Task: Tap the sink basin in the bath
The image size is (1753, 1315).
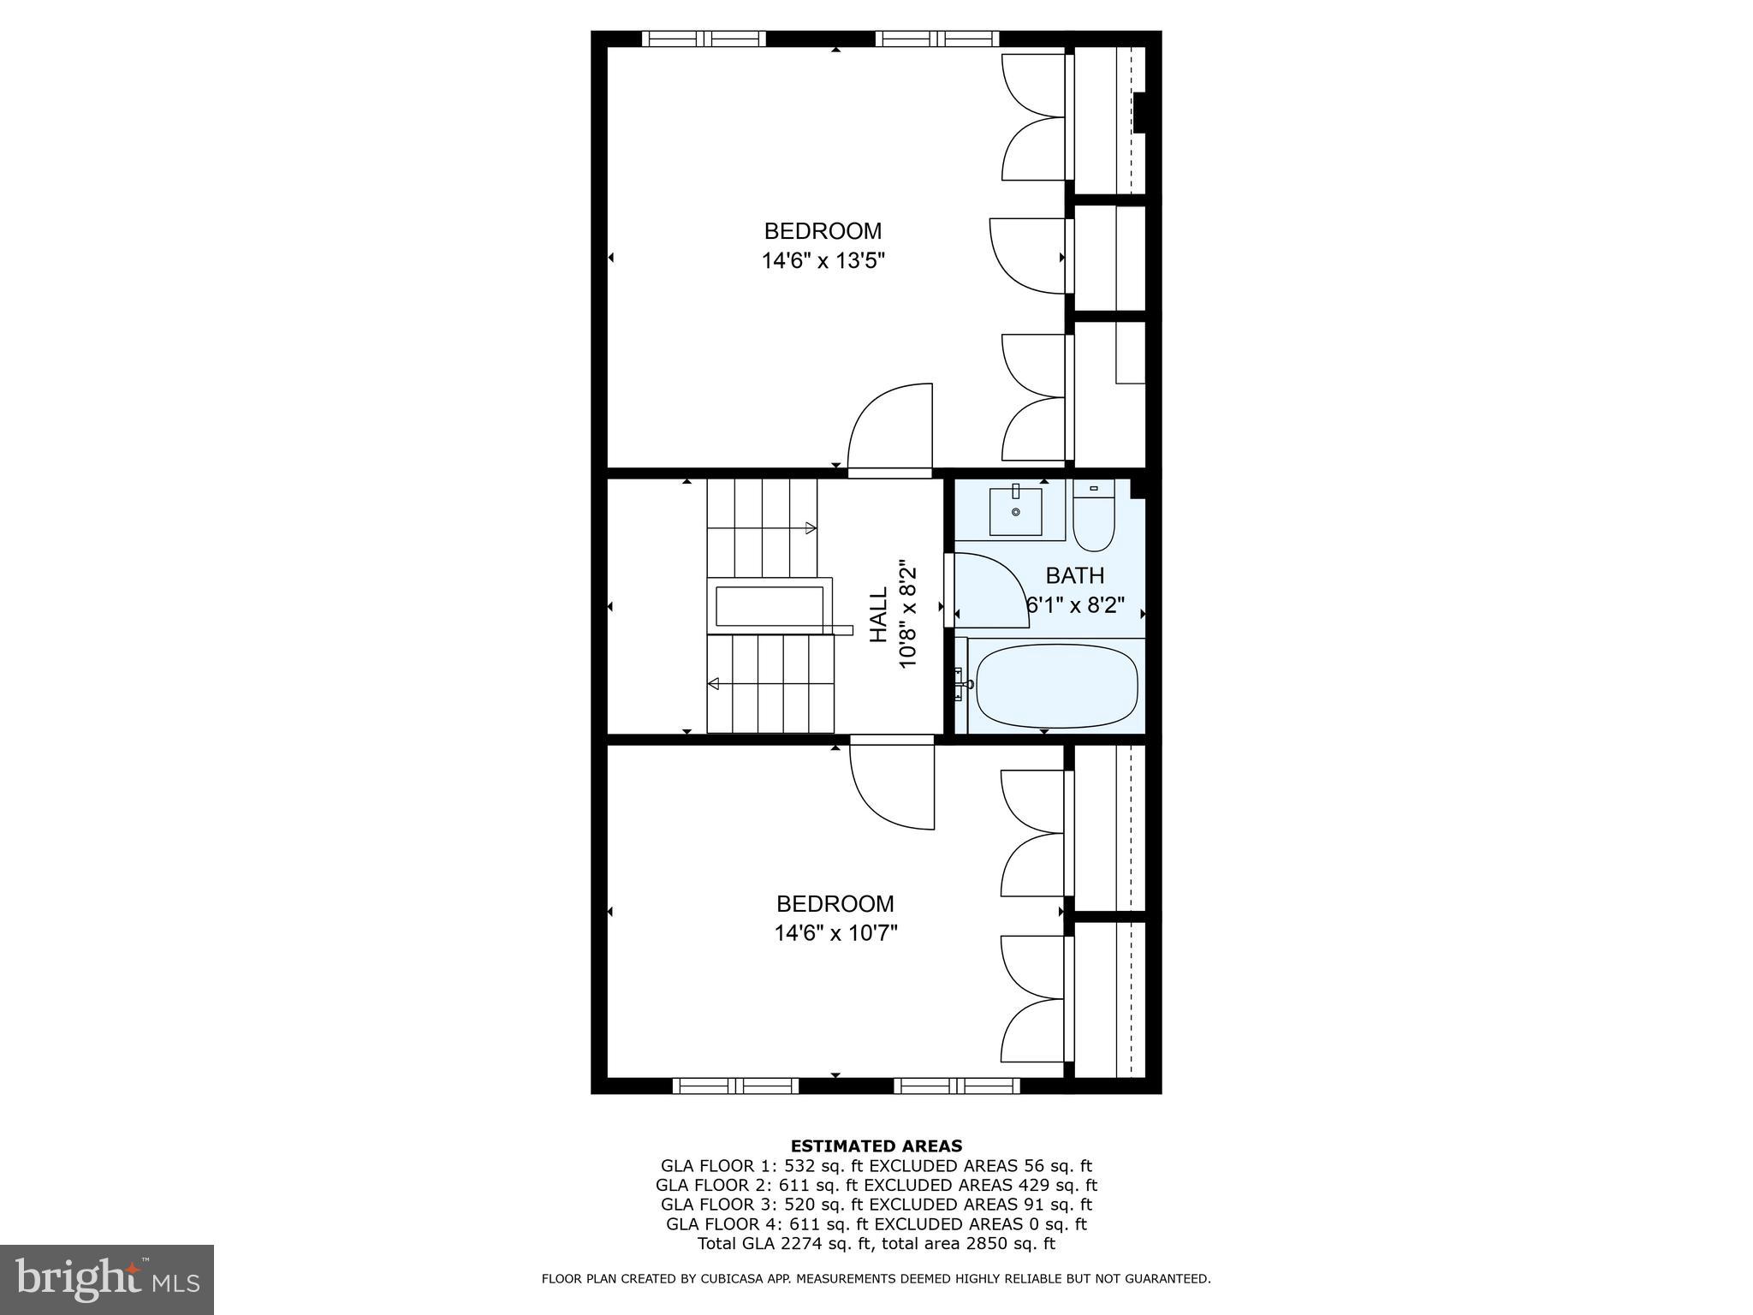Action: (1016, 511)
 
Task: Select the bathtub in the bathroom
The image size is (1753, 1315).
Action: (1057, 685)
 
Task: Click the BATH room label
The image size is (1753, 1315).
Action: (1075, 575)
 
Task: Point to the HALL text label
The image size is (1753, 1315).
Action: (879, 614)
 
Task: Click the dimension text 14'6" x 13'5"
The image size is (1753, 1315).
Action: (823, 260)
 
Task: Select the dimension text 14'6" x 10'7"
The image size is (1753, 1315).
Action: (835, 932)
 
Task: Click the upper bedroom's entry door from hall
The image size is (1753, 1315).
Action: (890, 428)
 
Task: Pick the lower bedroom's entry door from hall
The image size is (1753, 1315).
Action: (891, 783)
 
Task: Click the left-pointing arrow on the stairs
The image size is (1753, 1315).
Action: (713, 683)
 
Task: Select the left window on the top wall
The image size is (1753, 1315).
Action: (704, 39)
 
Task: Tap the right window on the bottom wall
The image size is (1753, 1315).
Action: (957, 1086)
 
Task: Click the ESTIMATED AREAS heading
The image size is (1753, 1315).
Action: (876, 1145)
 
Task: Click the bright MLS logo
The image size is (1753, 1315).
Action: (107, 1280)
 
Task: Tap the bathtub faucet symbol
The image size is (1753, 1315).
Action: (962, 684)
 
